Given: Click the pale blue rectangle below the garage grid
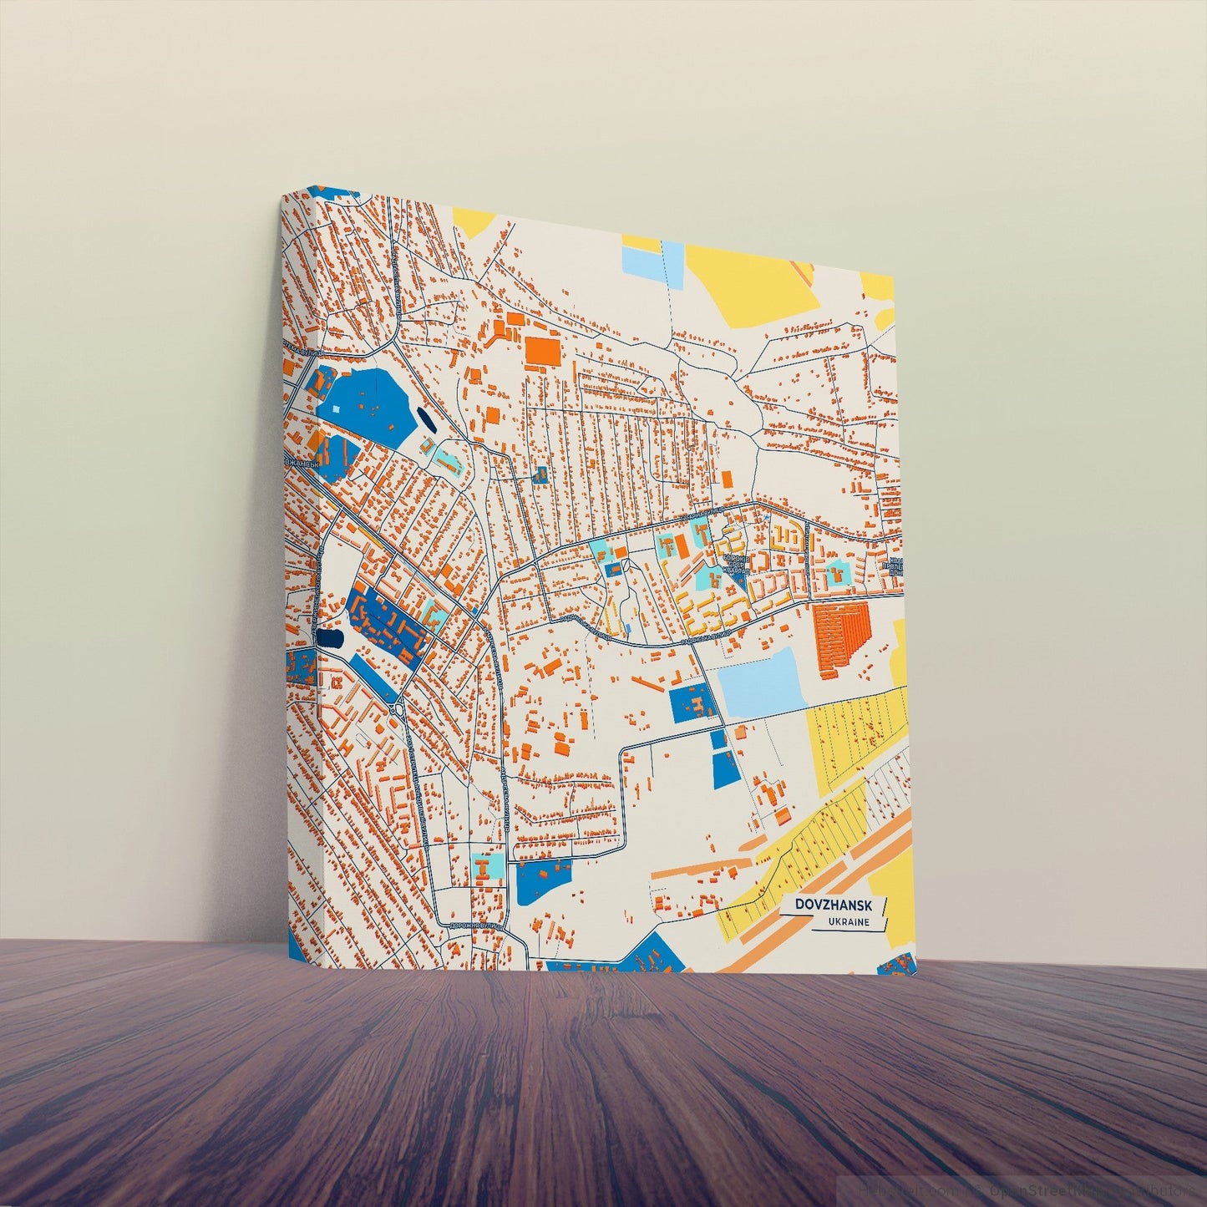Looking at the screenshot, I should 761,683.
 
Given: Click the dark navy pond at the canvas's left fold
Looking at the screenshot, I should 328,640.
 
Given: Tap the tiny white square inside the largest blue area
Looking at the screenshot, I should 337,409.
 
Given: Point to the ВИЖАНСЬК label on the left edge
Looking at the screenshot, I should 301,462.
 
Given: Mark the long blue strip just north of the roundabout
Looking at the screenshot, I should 372,676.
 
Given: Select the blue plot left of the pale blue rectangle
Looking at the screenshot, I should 692,703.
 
